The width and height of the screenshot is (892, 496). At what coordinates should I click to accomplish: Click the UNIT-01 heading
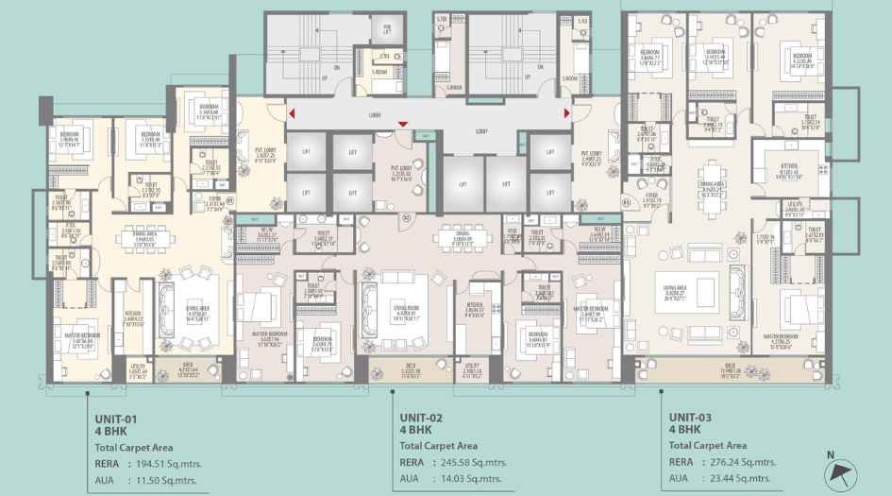tap(116, 417)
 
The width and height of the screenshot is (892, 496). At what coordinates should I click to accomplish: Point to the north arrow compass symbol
tap(834, 471)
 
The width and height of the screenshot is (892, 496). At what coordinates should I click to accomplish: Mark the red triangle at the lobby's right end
tap(566, 114)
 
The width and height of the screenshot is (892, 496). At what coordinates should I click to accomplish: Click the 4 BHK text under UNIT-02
tap(415, 430)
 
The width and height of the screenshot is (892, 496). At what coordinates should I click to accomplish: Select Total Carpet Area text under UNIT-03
tap(709, 445)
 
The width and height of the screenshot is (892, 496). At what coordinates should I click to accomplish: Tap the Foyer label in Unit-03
tap(651, 198)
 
